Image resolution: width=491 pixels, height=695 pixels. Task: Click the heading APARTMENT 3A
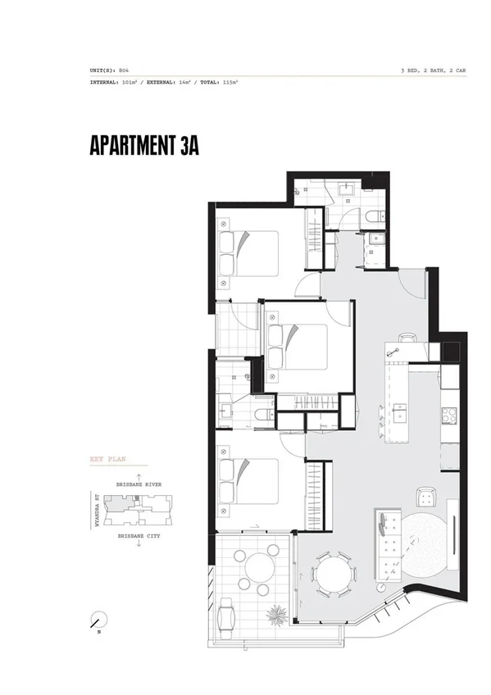(x=143, y=144)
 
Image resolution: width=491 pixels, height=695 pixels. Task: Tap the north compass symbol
(x=98, y=620)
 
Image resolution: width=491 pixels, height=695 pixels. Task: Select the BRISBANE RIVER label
(x=139, y=484)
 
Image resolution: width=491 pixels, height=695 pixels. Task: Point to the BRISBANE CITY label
(x=139, y=535)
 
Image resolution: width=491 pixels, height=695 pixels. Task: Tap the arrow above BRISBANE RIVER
(x=139, y=475)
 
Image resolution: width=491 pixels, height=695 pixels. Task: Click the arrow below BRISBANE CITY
(x=139, y=544)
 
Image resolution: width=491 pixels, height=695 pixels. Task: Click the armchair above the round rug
(x=424, y=496)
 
